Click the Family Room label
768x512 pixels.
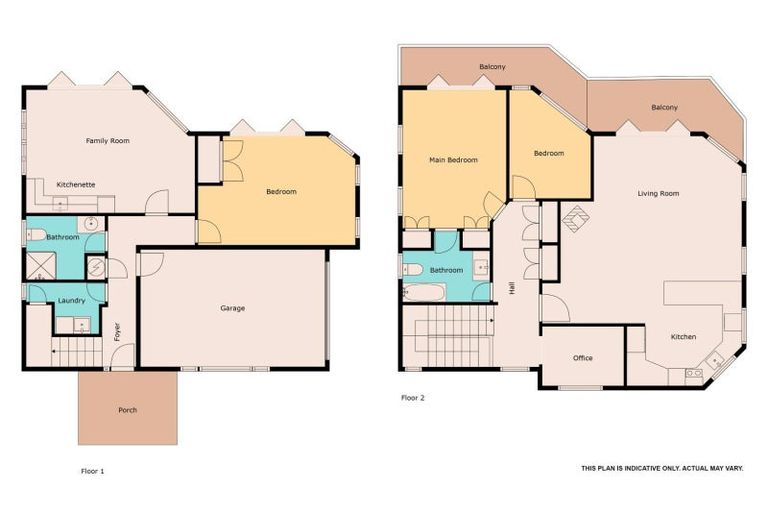click(x=107, y=141)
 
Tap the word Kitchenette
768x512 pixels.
click(x=76, y=185)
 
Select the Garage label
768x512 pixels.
click(x=233, y=308)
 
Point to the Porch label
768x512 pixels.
click(x=128, y=410)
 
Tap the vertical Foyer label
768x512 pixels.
click(x=117, y=330)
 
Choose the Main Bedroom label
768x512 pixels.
click(x=453, y=160)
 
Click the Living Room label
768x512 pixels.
click(x=659, y=193)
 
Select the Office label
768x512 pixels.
click(x=583, y=358)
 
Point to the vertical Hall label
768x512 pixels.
click(x=512, y=287)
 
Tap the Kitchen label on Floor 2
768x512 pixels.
click(x=683, y=337)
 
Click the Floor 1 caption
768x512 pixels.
click(x=92, y=469)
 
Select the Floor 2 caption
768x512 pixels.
click(x=413, y=397)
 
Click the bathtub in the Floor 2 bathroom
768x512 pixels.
click(x=424, y=293)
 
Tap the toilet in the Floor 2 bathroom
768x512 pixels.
click(x=412, y=269)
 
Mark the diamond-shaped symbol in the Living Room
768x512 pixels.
click(x=577, y=216)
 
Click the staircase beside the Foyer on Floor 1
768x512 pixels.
click(x=76, y=352)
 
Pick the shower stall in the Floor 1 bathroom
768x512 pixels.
click(x=39, y=264)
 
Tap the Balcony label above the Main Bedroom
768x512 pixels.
click(x=492, y=67)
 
